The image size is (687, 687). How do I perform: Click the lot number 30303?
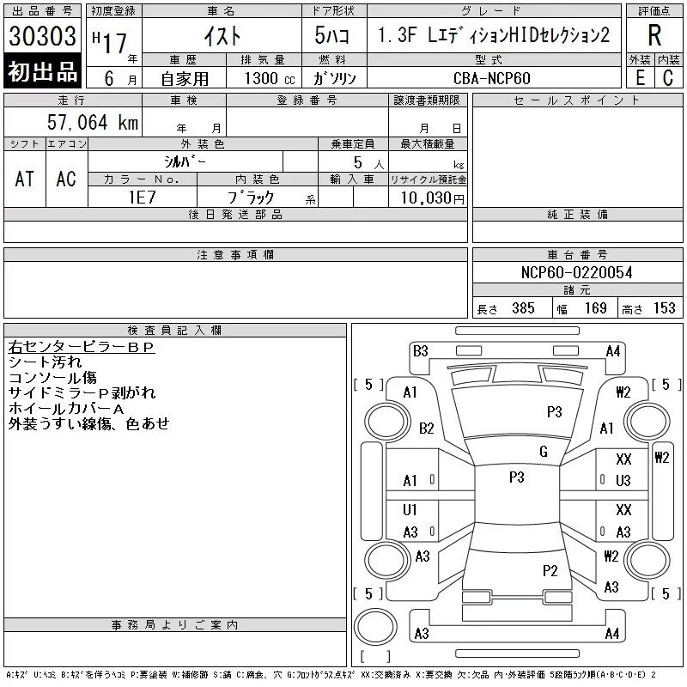42,36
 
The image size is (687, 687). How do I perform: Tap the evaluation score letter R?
654,35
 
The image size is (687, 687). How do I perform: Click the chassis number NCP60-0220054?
577,273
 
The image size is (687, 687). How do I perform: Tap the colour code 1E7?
143,197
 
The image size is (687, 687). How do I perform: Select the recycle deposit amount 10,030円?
428,198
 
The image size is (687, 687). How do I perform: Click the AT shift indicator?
25,179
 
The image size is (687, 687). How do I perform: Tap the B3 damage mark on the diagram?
421,350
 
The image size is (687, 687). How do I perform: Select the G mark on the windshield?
544,452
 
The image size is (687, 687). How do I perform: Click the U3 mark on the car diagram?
623,480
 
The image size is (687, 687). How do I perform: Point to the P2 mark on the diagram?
550,570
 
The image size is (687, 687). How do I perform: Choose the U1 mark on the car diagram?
410,510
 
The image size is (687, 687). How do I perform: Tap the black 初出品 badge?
42,72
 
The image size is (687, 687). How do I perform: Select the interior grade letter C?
666,77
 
